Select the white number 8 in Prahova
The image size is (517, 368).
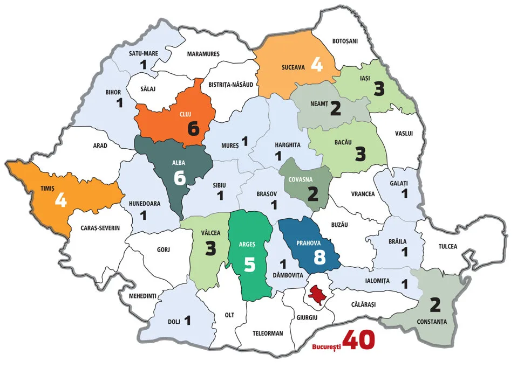pyautogui.click(x=319, y=257)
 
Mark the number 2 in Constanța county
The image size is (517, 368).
pyautogui.click(x=435, y=305)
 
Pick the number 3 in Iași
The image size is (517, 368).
pyautogui.click(x=379, y=89)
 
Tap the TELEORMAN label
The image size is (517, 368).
pyautogui.click(x=268, y=333)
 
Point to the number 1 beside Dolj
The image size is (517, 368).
pyautogui.click(x=188, y=321)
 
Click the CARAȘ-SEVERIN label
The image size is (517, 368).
pyautogui.click(x=100, y=228)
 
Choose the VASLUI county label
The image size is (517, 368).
pyautogui.click(x=404, y=134)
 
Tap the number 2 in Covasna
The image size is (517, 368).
pyautogui.click(x=312, y=194)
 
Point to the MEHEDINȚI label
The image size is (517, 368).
pyautogui.click(x=142, y=296)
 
